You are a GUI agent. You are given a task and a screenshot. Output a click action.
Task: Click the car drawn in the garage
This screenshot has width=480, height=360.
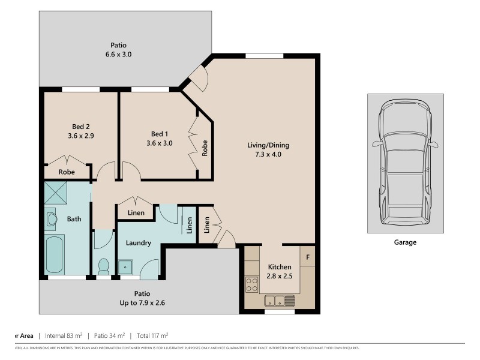tap(406, 163)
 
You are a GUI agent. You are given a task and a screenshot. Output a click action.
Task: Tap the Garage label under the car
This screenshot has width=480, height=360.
tap(405, 243)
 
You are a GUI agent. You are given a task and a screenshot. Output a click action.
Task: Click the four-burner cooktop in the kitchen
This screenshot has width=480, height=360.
tap(251, 284)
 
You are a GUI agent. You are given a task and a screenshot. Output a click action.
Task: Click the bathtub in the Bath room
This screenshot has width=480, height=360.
tap(55, 254)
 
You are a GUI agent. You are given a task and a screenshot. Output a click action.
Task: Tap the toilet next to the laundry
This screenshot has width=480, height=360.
tap(103, 265)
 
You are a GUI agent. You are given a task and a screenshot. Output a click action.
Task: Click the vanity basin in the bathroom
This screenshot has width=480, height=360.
tap(50, 219)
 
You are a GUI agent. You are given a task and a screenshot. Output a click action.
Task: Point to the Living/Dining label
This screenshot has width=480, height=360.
tap(264, 145)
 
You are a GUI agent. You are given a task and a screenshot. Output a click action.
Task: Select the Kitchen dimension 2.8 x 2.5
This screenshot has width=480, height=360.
tap(280, 277)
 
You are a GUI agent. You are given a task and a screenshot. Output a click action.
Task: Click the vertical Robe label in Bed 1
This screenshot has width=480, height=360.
tap(205, 148)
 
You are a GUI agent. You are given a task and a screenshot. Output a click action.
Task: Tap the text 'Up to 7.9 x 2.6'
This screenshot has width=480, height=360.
tap(142, 303)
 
